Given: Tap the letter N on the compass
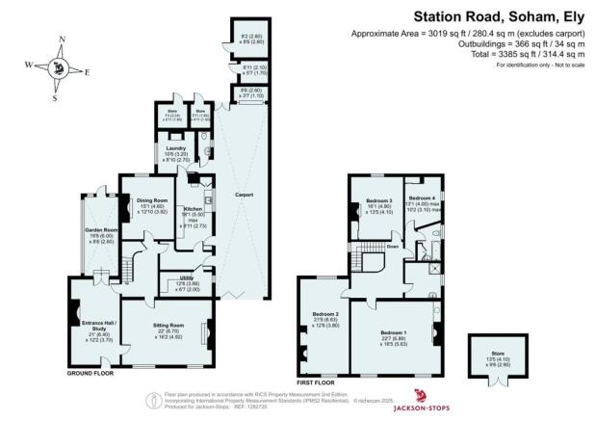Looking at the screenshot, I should [62, 39].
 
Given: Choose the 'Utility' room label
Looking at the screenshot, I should [182, 275].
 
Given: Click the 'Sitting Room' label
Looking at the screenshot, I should [168, 326].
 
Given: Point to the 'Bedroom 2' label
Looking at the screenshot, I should [324, 314].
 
